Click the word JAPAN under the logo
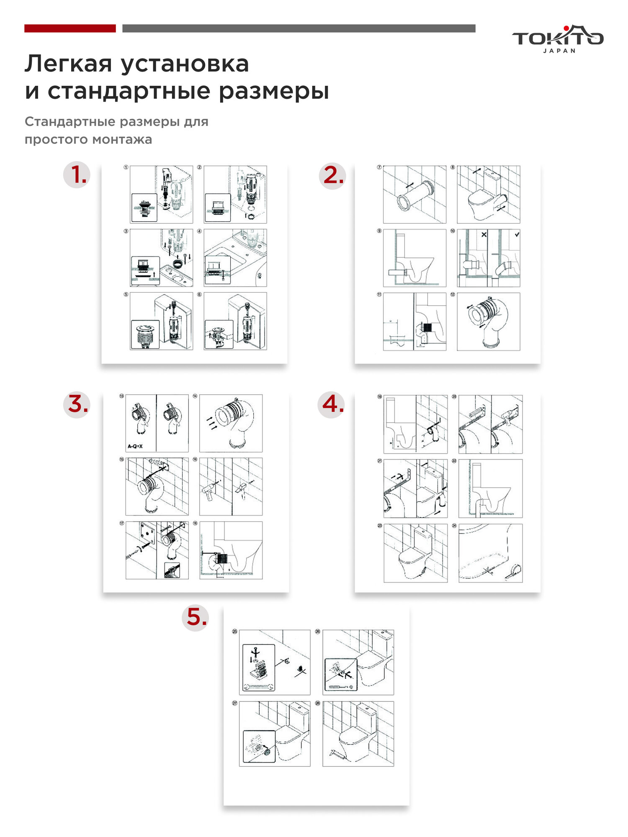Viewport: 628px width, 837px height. tap(559, 51)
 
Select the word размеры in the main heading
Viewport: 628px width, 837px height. tap(274, 91)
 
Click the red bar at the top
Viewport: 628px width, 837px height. tap(70, 28)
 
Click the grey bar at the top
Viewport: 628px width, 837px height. tap(299, 28)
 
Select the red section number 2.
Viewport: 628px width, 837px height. tap(333, 175)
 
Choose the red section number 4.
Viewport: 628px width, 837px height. tap(332, 404)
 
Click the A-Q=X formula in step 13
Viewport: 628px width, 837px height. tap(135, 447)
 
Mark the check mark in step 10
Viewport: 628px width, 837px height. tap(517, 235)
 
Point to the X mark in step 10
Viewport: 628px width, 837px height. tap(484, 235)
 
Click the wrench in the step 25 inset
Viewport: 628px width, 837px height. tap(258, 686)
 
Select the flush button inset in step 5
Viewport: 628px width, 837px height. tap(145, 334)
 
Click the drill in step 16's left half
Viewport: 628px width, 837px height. tap(209, 490)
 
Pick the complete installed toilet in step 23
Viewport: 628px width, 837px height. tap(414, 553)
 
